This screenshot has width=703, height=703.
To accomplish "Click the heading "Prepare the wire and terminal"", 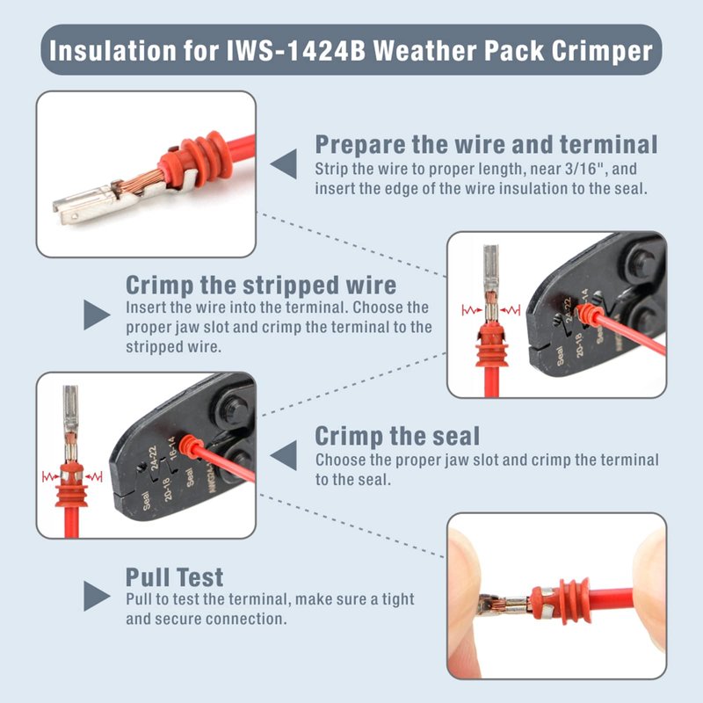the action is tap(487, 145).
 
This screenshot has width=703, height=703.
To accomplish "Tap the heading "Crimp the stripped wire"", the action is tap(261, 285).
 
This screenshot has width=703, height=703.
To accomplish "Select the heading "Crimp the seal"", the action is tap(397, 436).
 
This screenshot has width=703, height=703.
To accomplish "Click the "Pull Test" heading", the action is tap(174, 577).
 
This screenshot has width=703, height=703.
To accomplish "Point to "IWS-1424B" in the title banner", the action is tap(296, 50).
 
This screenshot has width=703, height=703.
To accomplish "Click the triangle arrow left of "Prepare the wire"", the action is tap(284, 164).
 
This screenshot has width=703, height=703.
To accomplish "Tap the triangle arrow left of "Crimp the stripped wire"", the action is tap(97, 315).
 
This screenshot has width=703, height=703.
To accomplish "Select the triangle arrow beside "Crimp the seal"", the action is tap(284, 455).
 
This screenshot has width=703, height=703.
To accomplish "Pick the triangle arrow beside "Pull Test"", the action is tap(97, 596).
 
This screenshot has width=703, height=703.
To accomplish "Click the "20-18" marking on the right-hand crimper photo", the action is tap(578, 344).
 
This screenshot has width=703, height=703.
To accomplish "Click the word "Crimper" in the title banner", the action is tap(602, 51).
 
